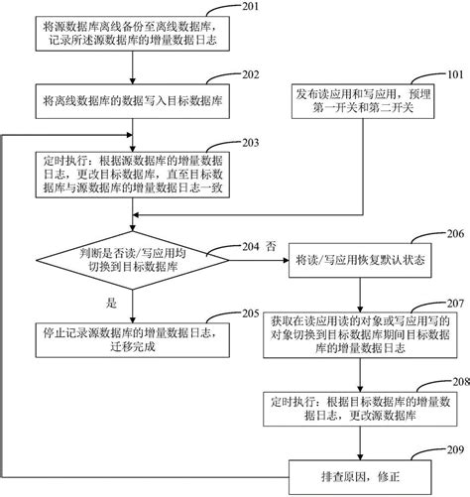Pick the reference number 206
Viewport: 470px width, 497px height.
coord(451,236)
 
